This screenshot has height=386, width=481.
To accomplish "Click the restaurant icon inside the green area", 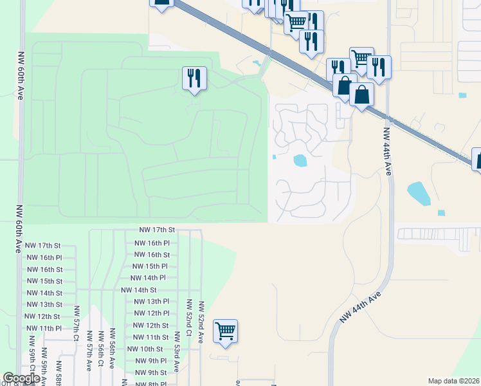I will point(194,78).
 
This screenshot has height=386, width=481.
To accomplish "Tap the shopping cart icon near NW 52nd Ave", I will point(226,331).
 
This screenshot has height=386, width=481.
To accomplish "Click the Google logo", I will point(21,379).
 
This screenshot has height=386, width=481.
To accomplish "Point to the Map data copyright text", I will point(454,381).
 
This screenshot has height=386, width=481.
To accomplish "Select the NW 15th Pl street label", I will point(150,266).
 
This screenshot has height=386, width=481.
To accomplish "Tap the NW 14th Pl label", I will point(148,278).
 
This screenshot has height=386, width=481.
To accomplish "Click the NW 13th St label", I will point(43,304).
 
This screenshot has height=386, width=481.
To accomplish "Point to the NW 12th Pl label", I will point(151,313).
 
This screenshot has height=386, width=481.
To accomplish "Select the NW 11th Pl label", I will point(43,328).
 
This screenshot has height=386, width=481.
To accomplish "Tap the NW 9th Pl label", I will point(151,361).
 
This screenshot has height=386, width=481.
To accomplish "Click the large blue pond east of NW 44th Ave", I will point(418,192).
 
